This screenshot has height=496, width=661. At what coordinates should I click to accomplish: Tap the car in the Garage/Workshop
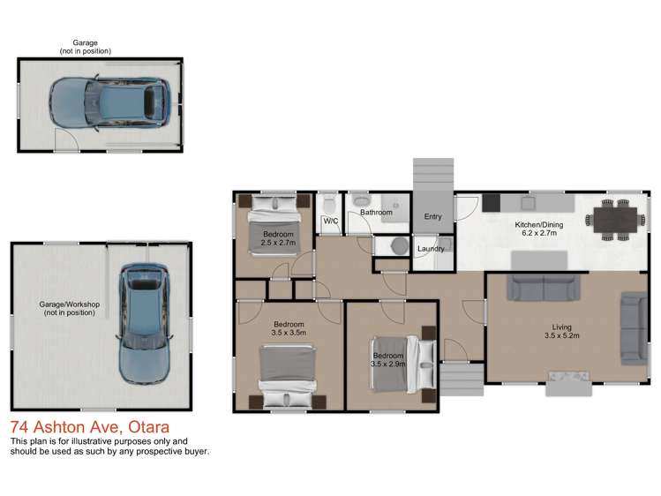[x=142, y=323]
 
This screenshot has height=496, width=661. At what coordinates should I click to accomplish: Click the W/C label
[x=331, y=221]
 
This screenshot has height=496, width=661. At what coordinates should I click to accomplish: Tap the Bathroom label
[x=376, y=213]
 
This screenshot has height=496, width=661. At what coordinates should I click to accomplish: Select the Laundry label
[x=430, y=250]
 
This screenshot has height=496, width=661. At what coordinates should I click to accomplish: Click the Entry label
[x=432, y=217]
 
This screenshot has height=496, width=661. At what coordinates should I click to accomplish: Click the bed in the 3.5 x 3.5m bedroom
[x=288, y=371]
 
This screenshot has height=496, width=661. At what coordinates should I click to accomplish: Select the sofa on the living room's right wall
[x=633, y=327]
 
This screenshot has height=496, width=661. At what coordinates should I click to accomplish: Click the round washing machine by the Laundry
[x=398, y=245]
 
